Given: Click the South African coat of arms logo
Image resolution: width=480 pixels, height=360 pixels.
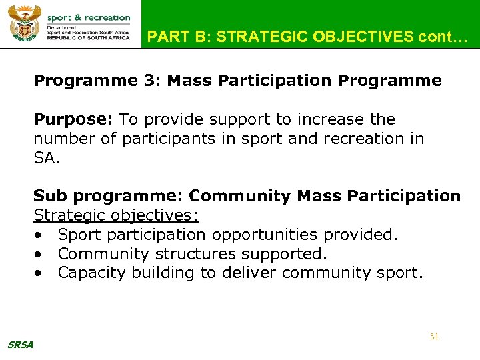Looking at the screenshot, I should (x=25, y=24).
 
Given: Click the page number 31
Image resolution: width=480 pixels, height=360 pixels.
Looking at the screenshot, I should (x=434, y=337).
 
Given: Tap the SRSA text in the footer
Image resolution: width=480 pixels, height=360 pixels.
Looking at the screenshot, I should (x=19, y=345).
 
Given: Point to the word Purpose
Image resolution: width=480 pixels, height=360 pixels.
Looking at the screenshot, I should (x=73, y=119).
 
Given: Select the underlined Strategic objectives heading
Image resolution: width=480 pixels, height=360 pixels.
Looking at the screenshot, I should (x=117, y=216).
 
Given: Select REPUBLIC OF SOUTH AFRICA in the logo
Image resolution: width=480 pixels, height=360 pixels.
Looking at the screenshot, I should (x=89, y=39).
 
